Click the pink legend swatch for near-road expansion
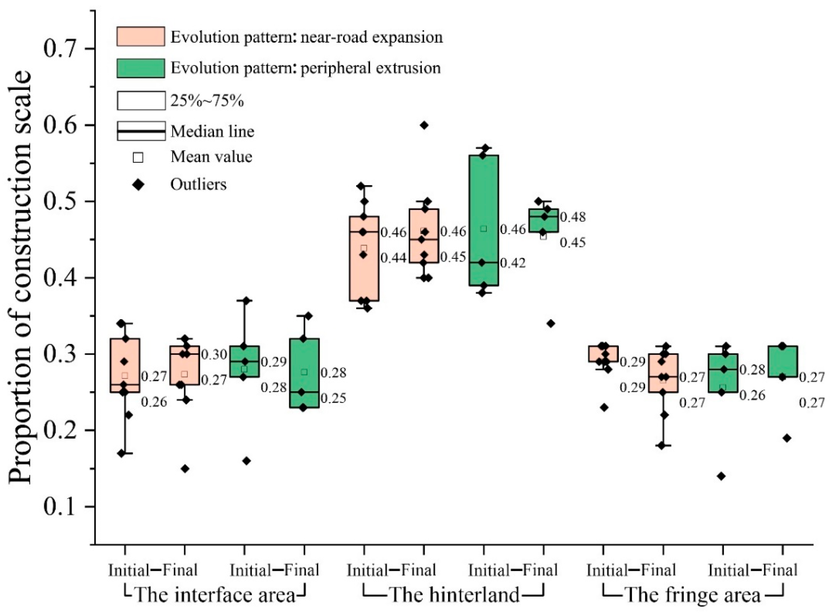(141, 36)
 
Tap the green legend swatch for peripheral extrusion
(141, 68)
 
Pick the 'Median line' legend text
(212, 131)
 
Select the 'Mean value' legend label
(211, 157)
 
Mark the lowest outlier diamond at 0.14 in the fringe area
(721, 476)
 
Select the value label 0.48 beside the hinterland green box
(572, 217)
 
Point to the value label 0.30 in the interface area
(214, 355)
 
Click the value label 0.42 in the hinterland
(513, 263)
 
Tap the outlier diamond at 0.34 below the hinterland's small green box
(551, 324)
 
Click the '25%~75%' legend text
(207, 101)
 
